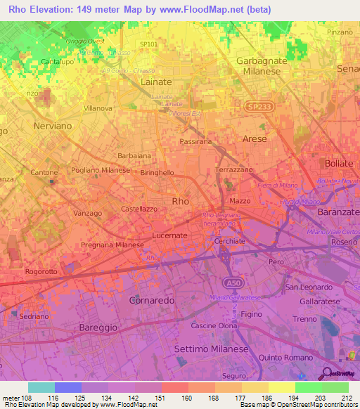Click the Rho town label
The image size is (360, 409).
(x=181, y=201)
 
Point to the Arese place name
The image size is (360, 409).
(x=255, y=140)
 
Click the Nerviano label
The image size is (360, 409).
(x=53, y=126)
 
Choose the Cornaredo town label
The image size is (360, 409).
(x=152, y=300)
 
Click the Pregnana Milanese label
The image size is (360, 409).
(x=112, y=245)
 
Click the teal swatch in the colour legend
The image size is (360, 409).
(x=41, y=387)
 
